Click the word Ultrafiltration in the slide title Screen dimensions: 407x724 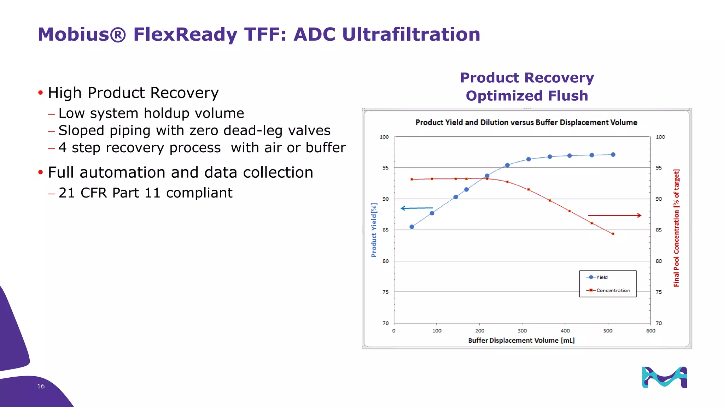411,35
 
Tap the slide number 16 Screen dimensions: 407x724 41,386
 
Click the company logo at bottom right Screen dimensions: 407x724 664,377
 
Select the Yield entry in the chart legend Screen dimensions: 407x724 602,277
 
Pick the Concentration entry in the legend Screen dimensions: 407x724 613,290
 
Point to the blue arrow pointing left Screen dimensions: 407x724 416,208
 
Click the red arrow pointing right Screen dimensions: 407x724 614,215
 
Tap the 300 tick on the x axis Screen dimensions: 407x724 522,331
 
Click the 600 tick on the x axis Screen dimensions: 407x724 650,331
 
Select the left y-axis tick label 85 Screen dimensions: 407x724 385,230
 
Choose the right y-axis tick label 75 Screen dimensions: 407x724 659,292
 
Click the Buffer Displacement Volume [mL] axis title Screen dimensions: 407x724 521,340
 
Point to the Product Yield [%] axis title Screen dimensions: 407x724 374,230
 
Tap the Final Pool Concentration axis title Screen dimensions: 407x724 676,228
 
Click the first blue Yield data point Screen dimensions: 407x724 412,227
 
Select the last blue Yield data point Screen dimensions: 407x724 613,155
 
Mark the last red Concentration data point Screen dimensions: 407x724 613,234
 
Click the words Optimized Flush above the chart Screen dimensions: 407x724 527,96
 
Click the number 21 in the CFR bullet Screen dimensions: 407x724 67,193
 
